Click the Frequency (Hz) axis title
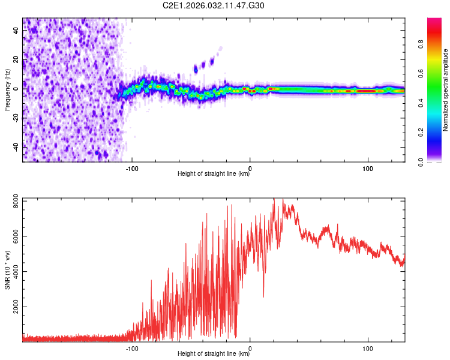point(7,90)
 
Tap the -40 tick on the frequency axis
point(17,146)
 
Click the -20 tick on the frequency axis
point(17,117)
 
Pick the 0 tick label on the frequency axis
point(17,88)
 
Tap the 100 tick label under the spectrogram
point(367,167)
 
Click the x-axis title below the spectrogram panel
point(214,174)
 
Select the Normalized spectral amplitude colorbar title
point(446,90)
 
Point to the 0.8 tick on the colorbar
point(422,44)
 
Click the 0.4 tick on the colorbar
point(422,103)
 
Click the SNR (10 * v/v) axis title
point(7,269)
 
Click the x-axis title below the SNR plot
point(214,354)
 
